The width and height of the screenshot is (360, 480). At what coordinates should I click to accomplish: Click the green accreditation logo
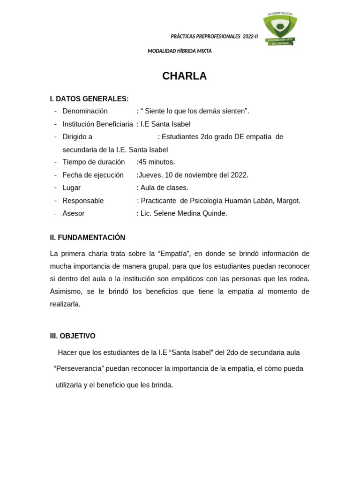(280, 29)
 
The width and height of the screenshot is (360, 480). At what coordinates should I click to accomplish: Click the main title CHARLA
(184, 76)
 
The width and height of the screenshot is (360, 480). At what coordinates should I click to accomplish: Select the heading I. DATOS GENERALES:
(89, 99)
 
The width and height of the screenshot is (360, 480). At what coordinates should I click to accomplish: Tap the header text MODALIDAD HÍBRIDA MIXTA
(180, 51)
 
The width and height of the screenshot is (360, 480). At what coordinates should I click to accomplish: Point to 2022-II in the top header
(250, 37)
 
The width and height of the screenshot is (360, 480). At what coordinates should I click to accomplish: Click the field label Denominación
(85, 111)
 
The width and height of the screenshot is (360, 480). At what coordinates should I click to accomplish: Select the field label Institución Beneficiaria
(97, 124)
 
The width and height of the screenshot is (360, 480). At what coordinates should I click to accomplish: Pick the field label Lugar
(71, 187)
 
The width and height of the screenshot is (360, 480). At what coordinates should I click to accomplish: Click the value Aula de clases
(164, 187)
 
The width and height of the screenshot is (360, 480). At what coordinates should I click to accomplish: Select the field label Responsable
(83, 201)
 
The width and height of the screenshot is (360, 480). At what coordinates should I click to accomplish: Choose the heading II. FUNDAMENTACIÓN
(88, 238)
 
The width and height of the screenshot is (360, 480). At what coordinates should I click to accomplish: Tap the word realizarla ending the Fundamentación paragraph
(65, 304)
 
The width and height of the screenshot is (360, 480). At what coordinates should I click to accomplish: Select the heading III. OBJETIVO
(73, 336)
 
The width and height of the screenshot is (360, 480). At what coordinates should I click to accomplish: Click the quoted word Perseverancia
(79, 368)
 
